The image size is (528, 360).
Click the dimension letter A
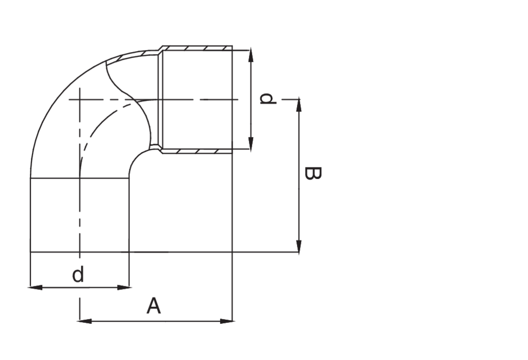(154, 306)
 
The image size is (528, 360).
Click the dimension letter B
(312, 173)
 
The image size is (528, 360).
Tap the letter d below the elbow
(78, 274)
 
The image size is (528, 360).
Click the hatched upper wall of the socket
(196, 48)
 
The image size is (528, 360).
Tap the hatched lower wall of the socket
(196, 151)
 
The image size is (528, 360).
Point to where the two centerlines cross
(79, 99)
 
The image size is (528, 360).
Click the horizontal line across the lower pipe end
(79, 178)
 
